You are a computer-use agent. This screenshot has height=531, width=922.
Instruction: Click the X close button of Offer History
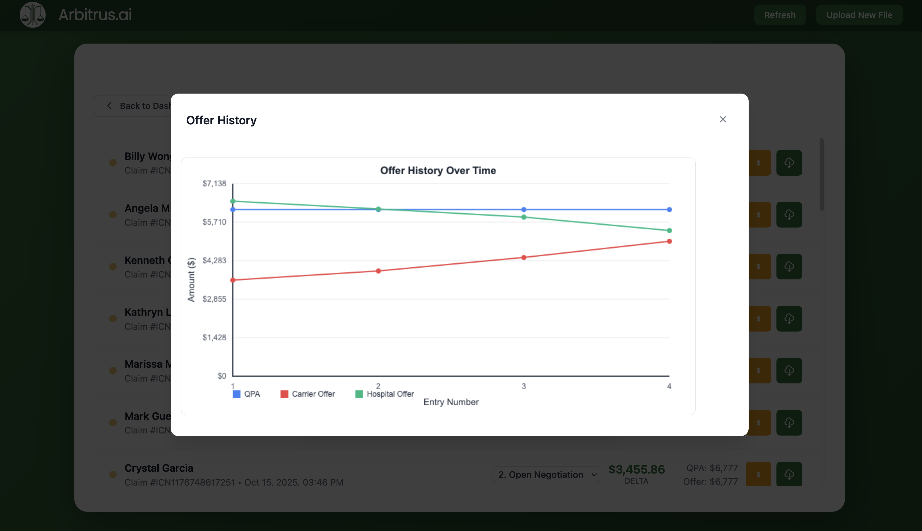tap(722, 120)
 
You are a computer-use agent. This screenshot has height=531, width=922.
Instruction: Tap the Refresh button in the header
tap(780, 15)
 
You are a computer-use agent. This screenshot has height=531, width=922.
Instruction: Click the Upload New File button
tap(859, 15)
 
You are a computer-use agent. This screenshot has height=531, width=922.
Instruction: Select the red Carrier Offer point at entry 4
tap(669, 241)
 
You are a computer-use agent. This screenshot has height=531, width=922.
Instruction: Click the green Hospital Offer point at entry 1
tap(233, 201)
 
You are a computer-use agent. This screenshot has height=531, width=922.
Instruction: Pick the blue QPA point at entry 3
tap(524, 210)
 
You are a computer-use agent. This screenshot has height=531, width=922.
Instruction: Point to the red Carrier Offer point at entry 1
tap(233, 280)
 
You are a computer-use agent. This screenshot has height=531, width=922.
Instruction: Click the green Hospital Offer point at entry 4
tap(669, 230)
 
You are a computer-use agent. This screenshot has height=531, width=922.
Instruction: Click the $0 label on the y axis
tap(222, 376)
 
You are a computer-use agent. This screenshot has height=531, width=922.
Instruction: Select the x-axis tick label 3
tap(524, 386)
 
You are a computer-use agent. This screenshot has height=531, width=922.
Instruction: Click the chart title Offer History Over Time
tap(438, 170)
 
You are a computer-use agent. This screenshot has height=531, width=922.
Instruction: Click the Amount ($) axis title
tap(191, 280)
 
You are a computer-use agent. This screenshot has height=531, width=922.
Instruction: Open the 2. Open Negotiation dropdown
tap(546, 475)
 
